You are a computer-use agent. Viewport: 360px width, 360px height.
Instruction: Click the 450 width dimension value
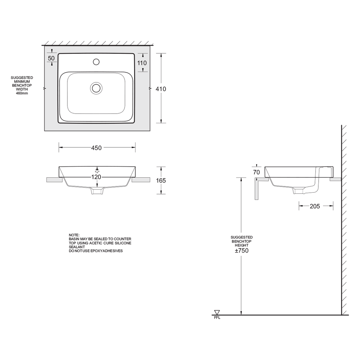click(x=96, y=148)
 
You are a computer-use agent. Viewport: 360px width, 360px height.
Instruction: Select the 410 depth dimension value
click(x=161, y=89)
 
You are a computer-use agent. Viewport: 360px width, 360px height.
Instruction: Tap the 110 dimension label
click(x=142, y=63)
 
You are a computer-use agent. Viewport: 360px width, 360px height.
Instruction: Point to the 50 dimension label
click(x=51, y=58)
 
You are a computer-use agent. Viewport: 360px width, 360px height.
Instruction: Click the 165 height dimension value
click(x=161, y=180)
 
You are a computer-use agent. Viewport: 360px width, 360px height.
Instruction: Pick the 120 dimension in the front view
click(x=96, y=177)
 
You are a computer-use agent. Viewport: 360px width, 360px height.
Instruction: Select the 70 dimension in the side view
click(x=256, y=172)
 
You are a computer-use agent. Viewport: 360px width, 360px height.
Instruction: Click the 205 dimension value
click(x=315, y=206)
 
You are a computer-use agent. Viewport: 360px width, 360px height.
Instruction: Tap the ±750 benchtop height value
click(x=242, y=251)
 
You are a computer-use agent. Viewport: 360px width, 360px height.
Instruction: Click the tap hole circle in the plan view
click(x=96, y=62)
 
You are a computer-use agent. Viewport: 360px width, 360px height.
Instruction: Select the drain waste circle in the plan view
click(x=96, y=88)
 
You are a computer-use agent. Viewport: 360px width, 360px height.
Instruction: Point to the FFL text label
click(x=217, y=318)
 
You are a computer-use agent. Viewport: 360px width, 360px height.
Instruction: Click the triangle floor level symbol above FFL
click(x=217, y=312)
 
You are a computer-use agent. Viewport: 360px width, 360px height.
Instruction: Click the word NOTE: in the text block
click(x=74, y=235)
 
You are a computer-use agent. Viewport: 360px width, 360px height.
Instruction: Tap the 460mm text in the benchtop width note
click(x=22, y=94)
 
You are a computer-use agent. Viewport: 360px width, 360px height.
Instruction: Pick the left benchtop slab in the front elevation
click(x=54, y=180)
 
